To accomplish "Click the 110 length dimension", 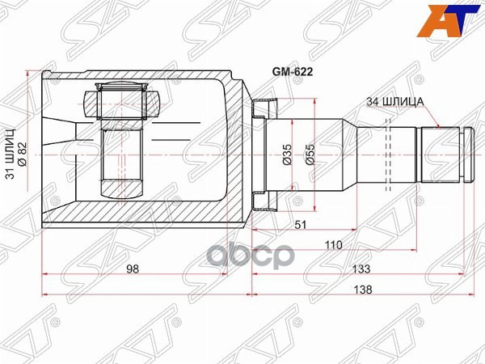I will tap(331, 244).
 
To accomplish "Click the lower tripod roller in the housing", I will tap(122, 187).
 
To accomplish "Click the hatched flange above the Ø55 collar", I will tap(263, 108).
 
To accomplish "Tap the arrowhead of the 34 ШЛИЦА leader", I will tap(437, 128).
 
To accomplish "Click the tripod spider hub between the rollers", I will tap(122, 146).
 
